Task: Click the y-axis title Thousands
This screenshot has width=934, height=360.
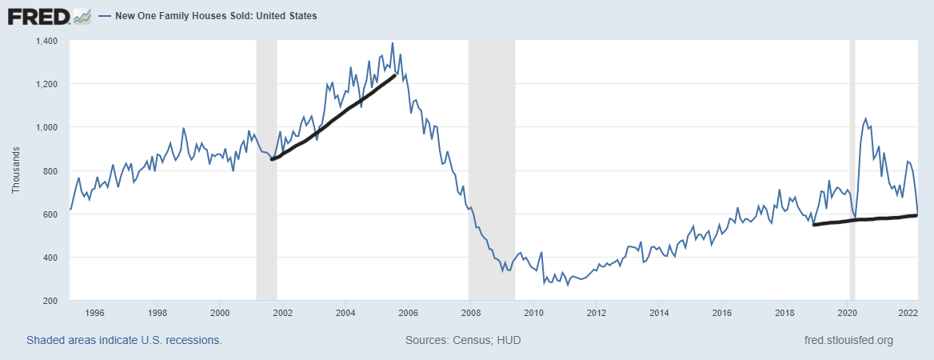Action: (x=16, y=170)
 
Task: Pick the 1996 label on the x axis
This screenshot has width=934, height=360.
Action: (x=94, y=313)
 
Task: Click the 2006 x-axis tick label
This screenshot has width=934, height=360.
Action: (x=408, y=313)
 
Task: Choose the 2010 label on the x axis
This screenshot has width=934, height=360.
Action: (x=533, y=313)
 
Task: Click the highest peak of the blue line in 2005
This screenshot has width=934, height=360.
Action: (x=392, y=43)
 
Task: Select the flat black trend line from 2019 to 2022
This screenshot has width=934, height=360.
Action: (x=864, y=219)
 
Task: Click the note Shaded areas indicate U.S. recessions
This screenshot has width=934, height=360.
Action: (x=124, y=341)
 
